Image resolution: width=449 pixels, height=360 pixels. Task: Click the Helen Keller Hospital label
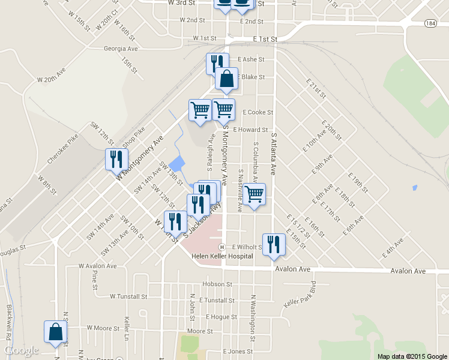[222, 257]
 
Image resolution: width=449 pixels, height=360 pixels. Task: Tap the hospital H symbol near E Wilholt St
[222, 247]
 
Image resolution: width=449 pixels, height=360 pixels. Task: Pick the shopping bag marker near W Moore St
[55, 332]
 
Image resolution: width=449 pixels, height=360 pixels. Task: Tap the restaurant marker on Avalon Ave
[273, 245]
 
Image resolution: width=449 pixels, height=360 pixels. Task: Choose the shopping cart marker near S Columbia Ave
[255, 194]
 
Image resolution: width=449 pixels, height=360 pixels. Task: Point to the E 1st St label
[265, 39]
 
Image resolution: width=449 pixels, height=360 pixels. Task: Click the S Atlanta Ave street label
[273, 152]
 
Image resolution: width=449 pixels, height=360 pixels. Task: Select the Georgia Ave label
[121, 49]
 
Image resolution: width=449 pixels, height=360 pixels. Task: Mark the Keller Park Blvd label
[300, 293]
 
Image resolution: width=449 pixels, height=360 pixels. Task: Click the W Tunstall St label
[128, 296]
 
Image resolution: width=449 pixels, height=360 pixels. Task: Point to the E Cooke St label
[258, 112]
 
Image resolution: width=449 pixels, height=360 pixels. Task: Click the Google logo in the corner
[22, 350]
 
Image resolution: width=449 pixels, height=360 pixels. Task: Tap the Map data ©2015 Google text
[411, 356]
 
